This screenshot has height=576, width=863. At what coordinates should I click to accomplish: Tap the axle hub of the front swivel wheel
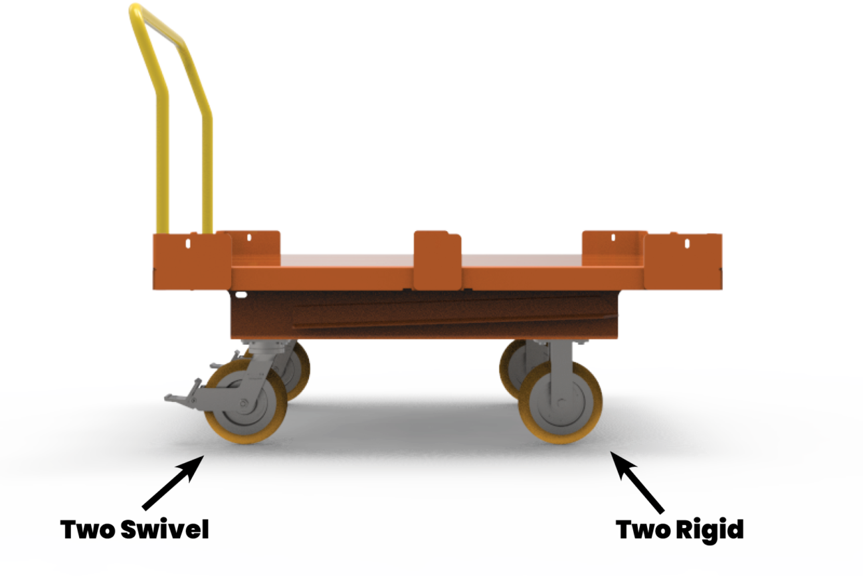click(244, 404)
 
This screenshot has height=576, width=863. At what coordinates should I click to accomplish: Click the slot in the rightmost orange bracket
click(688, 244)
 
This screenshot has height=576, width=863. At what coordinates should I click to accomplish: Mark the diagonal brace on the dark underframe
click(425, 320)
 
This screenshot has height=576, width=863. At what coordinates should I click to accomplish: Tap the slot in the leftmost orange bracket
click(188, 243)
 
